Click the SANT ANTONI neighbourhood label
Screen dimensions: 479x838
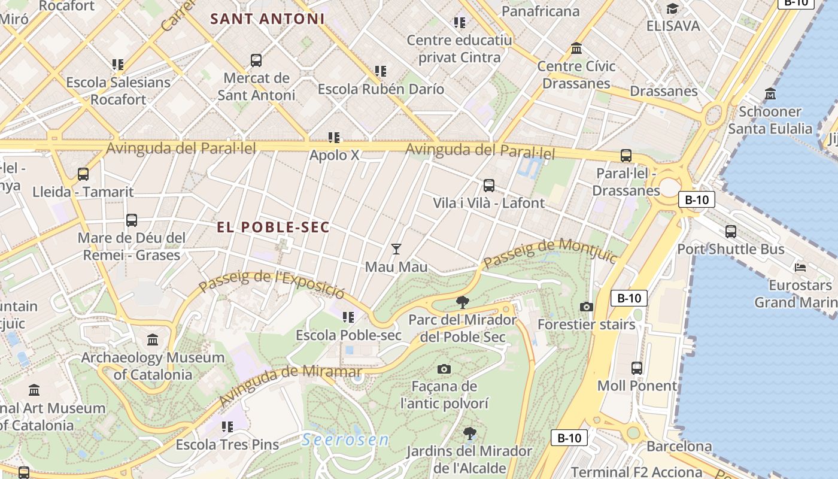(x=268, y=19)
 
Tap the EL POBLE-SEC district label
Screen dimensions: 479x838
(x=274, y=228)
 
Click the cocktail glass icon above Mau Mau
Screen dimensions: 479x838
(x=396, y=248)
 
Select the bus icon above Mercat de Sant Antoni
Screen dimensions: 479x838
(x=256, y=60)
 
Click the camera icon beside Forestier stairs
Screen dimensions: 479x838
(x=587, y=307)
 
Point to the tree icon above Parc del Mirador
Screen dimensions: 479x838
(x=462, y=302)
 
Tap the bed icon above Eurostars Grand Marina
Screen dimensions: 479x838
(x=800, y=267)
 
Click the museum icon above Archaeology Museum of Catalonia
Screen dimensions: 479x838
(x=153, y=340)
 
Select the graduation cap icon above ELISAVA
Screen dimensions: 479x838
(x=673, y=8)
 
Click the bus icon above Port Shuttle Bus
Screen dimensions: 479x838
(x=730, y=232)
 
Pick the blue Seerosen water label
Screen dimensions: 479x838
(x=345, y=440)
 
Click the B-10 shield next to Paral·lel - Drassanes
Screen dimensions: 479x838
(x=697, y=200)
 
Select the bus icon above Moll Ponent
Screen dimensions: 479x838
(x=637, y=368)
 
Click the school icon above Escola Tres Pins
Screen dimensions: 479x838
(x=227, y=427)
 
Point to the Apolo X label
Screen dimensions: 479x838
(x=335, y=155)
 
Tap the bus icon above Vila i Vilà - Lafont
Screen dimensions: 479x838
(x=489, y=186)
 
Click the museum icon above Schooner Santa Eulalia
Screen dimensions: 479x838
(x=770, y=94)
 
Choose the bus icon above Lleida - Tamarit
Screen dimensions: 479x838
(x=83, y=174)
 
